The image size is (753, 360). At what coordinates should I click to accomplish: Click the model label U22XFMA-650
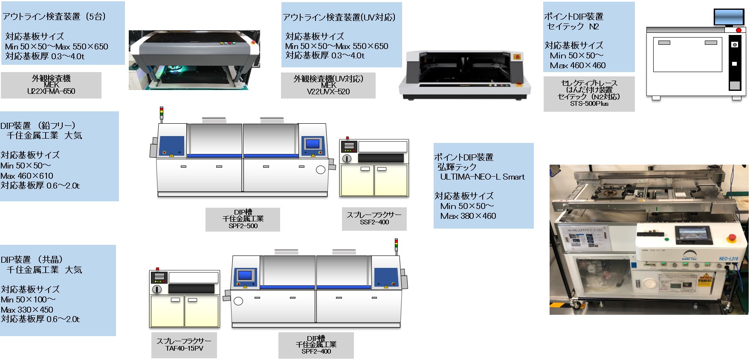point(51,91)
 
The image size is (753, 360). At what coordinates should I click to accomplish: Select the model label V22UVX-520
point(328,92)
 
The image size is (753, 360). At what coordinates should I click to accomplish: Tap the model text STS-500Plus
point(589,104)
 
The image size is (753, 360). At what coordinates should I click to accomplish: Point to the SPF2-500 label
point(243,226)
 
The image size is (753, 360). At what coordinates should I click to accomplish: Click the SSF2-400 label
point(374,222)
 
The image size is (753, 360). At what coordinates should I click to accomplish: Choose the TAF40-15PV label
point(184,348)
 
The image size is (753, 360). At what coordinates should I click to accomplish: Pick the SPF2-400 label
point(316,351)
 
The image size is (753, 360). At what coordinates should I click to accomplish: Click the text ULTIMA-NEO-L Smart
point(482,177)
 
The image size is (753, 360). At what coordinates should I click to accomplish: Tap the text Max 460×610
point(27,176)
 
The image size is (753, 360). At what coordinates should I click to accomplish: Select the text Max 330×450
point(27,310)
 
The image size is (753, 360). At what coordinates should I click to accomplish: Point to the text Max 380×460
point(468,216)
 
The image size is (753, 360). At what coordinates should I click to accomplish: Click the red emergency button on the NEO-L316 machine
point(731,238)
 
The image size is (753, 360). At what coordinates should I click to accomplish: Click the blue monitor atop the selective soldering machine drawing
point(729,17)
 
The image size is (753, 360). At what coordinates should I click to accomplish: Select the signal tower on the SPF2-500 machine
point(162,113)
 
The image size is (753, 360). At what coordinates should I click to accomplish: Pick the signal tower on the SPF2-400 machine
point(396,245)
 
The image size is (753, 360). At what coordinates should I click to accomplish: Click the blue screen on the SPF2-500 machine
point(313,144)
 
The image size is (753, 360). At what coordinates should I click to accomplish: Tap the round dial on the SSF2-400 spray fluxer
point(347,158)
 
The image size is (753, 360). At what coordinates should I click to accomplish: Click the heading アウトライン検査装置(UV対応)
point(339,17)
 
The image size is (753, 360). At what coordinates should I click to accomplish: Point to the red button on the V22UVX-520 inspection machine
point(518,57)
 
